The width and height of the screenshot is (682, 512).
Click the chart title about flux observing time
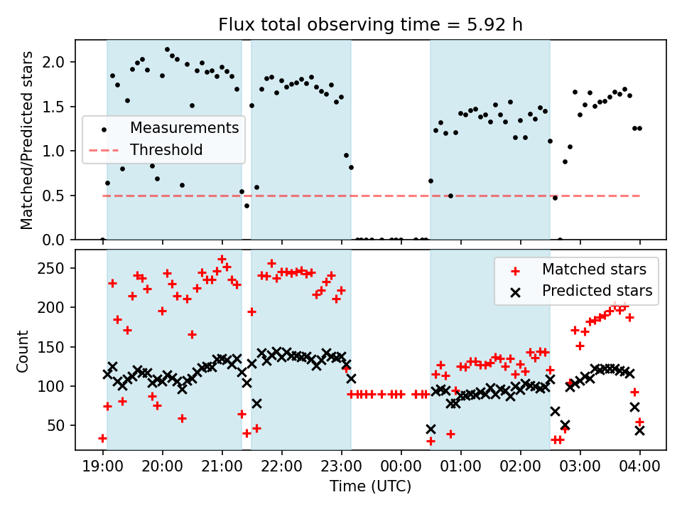pos(370,26)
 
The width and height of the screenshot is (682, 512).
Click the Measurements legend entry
pos(184,129)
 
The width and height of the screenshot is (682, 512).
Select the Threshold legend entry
pos(166,150)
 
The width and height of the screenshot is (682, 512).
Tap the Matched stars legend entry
pos(594,270)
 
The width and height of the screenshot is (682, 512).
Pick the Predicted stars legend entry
pos(597,290)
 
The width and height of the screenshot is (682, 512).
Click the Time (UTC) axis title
pos(370,487)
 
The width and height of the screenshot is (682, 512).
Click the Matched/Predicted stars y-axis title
pos(27,140)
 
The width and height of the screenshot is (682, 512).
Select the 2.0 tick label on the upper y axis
pos(58,63)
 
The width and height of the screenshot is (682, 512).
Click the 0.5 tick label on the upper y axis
pos(58,196)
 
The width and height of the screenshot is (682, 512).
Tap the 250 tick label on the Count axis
pos(55,269)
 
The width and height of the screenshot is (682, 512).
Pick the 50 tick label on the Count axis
pos(59,426)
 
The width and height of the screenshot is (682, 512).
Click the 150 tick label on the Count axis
pos(55,347)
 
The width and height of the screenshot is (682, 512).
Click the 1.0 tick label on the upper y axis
pos(58,151)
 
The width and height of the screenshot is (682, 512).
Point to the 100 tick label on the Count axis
pos(55,387)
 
